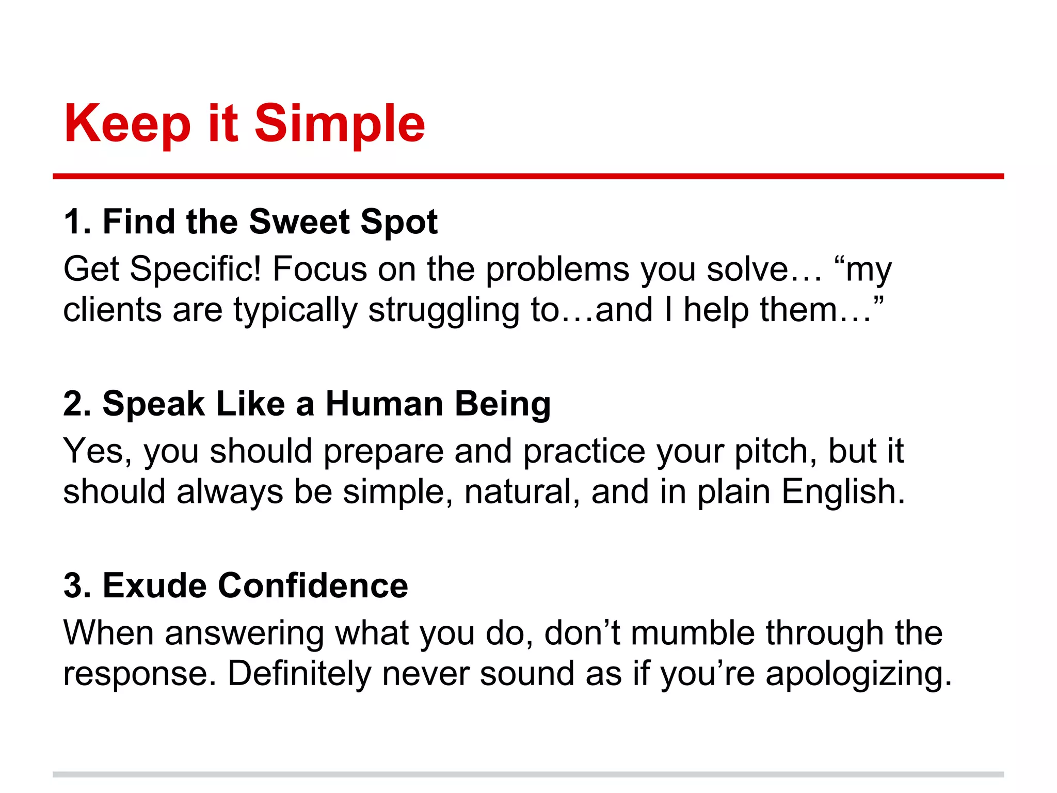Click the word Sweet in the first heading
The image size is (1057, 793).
tap(299, 222)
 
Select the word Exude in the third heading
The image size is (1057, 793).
tap(154, 586)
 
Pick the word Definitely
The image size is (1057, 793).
tap(299, 674)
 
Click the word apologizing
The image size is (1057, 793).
tap(859, 675)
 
